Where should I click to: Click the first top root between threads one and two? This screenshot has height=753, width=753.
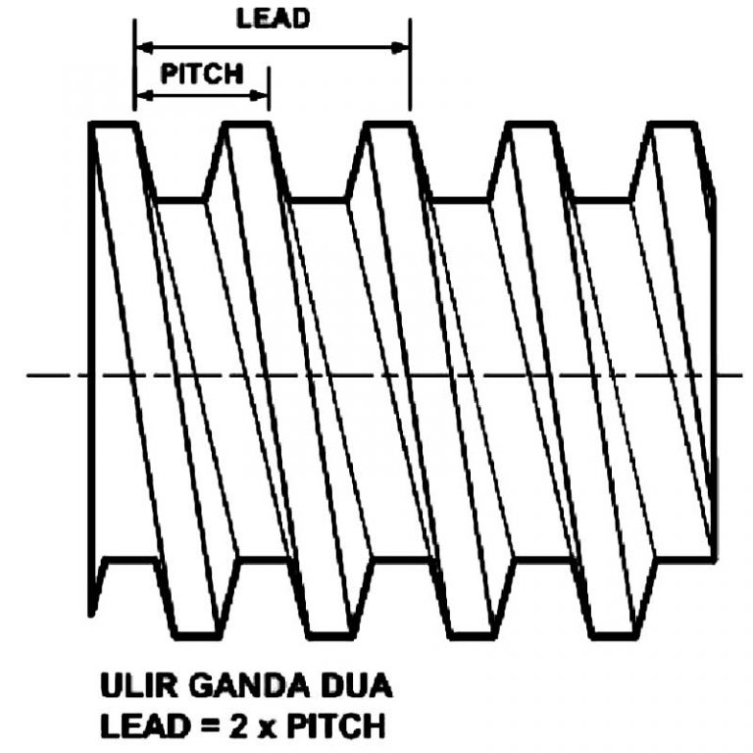(180, 200)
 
